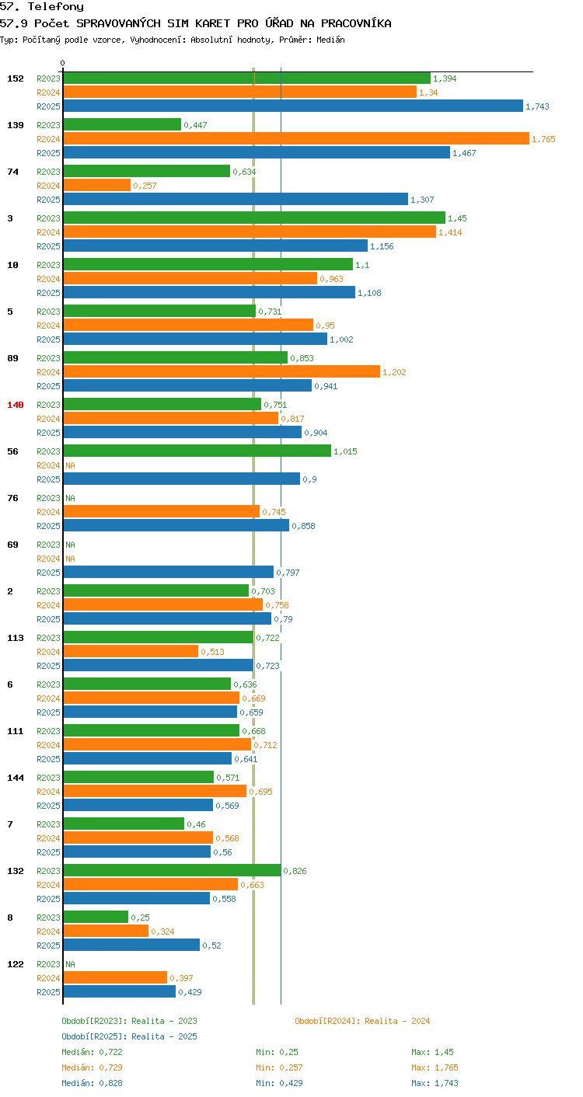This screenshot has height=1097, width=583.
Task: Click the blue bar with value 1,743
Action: (x=293, y=106)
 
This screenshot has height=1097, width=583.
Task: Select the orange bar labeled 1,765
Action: (x=296, y=138)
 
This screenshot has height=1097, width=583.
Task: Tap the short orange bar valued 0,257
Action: (x=97, y=185)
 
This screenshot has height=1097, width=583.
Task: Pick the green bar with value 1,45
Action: (x=254, y=218)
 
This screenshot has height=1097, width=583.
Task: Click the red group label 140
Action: (x=16, y=405)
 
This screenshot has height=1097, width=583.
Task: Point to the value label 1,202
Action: (x=394, y=372)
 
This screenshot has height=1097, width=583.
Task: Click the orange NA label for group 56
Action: (x=71, y=465)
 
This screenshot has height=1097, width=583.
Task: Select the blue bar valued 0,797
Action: (x=169, y=572)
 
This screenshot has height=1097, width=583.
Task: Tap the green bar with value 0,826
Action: (x=172, y=870)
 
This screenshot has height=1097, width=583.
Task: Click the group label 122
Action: (x=16, y=964)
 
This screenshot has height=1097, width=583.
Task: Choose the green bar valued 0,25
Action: (x=96, y=917)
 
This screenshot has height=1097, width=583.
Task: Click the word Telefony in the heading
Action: (x=56, y=7)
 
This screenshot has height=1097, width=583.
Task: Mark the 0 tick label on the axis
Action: (x=63, y=63)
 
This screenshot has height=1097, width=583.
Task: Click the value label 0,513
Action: (x=213, y=652)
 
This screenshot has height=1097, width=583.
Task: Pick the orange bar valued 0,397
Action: (x=115, y=977)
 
